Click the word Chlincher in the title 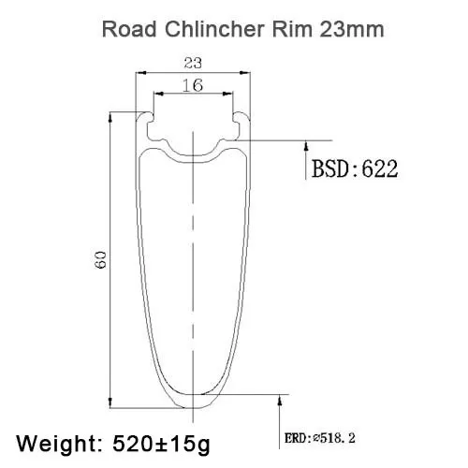214,29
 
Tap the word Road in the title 129,29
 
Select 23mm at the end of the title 352,29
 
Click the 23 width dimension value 193,63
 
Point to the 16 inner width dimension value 193,85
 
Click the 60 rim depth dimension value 101,259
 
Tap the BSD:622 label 355,168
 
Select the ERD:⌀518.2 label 320,438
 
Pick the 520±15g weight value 161,444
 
